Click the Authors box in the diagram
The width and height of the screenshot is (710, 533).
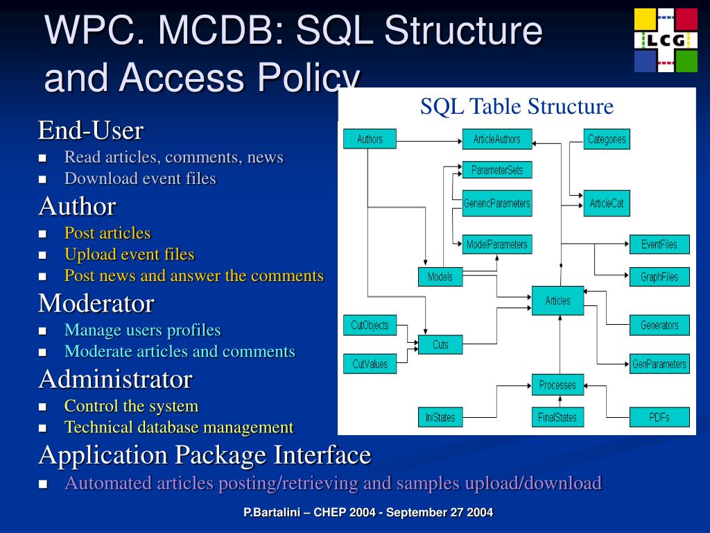coord(370,139)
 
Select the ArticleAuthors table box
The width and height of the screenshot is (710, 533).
coord(496,139)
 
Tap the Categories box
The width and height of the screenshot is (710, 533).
coord(607,139)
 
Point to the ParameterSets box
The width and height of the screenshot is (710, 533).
coord(496,170)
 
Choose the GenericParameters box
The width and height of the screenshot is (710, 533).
coord(496,203)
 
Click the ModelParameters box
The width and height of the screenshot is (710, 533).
coord(496,244)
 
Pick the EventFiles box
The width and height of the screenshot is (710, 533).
coord(659,244)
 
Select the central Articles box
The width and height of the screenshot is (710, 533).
coord(557,301)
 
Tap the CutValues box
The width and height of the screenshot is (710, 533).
coord(370,364)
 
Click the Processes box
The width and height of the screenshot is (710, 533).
coord(557,384)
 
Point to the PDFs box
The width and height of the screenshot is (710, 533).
coord(659,417)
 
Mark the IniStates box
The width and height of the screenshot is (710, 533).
coord(440,417)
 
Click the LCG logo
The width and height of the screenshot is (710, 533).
coord(666,40)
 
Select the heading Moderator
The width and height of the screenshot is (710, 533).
coord(96,303)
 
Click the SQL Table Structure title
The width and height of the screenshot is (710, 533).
coord(517,106)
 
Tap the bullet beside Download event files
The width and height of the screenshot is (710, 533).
coord(43,179)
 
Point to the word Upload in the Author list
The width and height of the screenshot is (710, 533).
coord(87,254)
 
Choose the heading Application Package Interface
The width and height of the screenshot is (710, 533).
coord(205,455)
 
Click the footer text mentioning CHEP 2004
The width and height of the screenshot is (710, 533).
coord(368,513)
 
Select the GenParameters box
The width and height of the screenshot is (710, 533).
coord(659,364)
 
